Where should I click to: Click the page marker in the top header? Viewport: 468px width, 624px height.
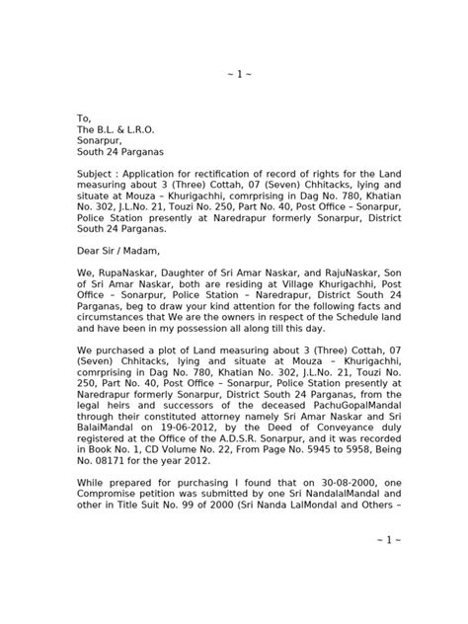tap(233, 76)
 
